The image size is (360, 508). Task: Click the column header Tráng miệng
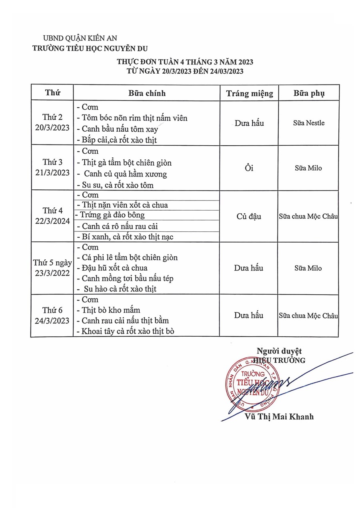250,93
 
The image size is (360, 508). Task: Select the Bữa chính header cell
147,93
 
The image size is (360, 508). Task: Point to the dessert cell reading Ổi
249,168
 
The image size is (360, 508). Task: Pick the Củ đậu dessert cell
249,216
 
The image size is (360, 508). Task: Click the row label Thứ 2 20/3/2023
52,123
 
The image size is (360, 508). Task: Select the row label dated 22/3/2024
52,216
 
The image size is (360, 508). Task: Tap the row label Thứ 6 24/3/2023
52,315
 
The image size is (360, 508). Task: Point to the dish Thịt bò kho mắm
111,310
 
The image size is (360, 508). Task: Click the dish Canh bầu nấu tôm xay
120,129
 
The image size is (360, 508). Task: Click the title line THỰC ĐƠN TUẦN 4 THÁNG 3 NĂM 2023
185,62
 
